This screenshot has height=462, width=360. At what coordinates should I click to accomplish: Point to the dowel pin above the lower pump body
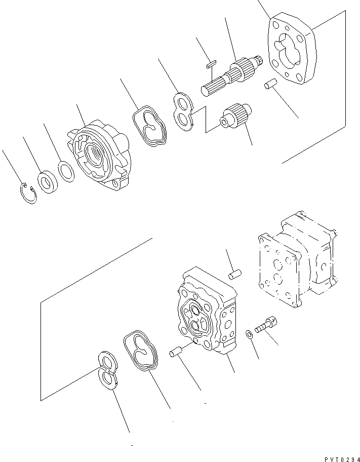click(x=233, y=274)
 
